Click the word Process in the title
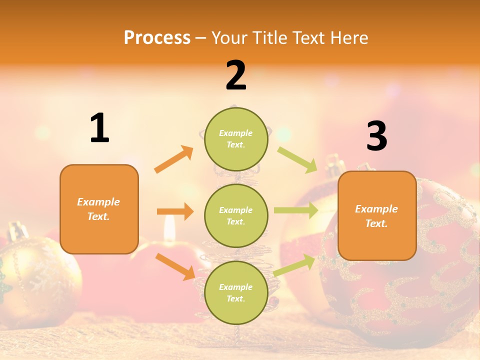pyautogui.click(x=157, y=37)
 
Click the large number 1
pyautogui.click(x=99, y=128)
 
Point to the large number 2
pyautogui.click(x=236, y=75)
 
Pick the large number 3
pyautogui.click(x=376, y=136)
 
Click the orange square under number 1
pyautogui.click(x=99, y=209)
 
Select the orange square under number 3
pyautogui.click(x=377, y=215)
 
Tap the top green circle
pyautogui.click(x=236, y=139)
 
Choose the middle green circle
pyautogui.click(x=236, y=215)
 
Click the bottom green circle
pyautogui.click(x=236, y=292)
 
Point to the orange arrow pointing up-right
pyautogui.click(x=174, y=159)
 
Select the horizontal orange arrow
pyautogui.click(x=175, y=211)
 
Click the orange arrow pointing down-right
pyautogui.click(x=175, y=266)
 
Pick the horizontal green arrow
pyautogui.click(x=296, y=210)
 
